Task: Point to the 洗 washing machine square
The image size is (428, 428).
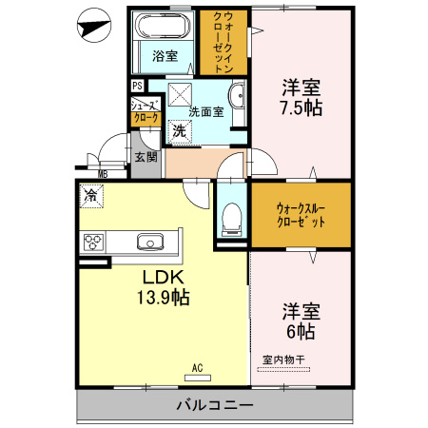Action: [x=178, y=132]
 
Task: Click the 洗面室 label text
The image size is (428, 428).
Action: [x=205, y=111]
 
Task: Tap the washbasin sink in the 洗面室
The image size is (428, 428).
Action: [x=237, y=97]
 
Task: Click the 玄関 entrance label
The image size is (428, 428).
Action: [x=145, y=156]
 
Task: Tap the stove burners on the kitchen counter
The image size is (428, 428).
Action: [x=95, y=242]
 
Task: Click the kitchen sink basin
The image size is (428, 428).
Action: [x=149, y=242]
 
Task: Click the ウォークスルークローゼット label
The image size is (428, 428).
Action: [x=300, y=214]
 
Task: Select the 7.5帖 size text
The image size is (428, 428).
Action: [x=302, y=108]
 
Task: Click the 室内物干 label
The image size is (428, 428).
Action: [x=283, y=359]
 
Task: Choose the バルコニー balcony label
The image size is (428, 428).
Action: [x=215, y=406]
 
